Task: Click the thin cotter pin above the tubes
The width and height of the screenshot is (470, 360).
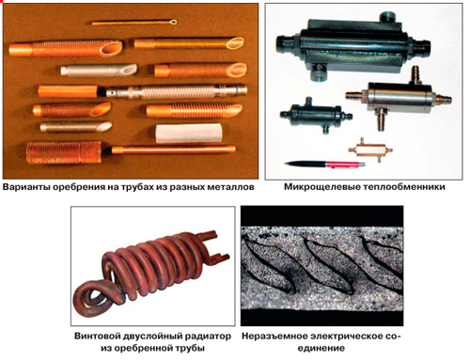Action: (134, 23)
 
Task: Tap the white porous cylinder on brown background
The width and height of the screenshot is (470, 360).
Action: (189, 133)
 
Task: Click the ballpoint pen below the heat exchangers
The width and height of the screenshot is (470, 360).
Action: (325, 164)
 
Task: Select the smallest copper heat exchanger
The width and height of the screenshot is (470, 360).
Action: (370, 149)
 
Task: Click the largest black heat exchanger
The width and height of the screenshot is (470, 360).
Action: (353, 46)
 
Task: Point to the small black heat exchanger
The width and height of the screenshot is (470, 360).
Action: (316, 114)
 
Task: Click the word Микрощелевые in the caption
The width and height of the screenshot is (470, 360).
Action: (322, 187)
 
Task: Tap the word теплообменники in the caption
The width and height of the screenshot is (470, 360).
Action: (404, 187)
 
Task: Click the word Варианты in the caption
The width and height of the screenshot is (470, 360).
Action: (26, 187)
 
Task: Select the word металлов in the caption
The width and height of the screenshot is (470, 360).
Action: (230, 187)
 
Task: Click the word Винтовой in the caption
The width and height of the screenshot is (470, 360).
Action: (98, 337)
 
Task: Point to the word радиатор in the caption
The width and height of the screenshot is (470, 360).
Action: (209, 337)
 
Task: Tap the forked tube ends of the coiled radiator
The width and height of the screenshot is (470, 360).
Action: (213, 247)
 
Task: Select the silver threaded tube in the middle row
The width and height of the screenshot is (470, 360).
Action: (177, 91)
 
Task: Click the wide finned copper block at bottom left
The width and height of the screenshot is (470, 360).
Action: (64, 152)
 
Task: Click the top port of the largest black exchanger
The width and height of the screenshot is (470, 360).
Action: (387, 17)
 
